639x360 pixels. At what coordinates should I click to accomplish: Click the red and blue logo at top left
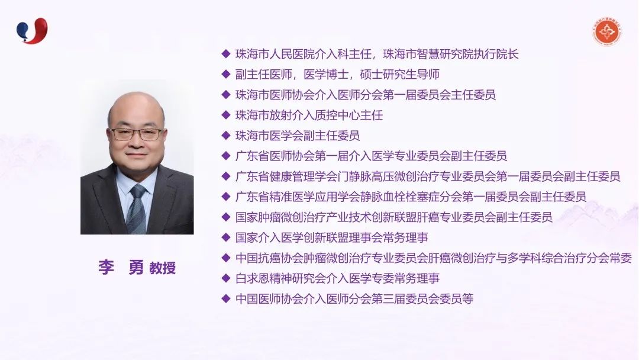pos(32,31)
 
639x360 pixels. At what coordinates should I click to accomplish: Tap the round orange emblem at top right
pos(607,31)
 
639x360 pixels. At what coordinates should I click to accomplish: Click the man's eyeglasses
pos(137,134)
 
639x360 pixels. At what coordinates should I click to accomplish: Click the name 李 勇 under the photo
pos(121,268)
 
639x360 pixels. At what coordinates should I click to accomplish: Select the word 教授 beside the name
pos(163,268)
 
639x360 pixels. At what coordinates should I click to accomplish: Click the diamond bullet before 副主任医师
pos(226,74)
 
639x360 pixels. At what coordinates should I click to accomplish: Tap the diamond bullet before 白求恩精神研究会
pos(226,278)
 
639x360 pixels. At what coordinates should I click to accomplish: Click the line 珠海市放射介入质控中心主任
pos(309,115)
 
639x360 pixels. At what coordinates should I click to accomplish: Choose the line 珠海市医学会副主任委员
pos(298,136)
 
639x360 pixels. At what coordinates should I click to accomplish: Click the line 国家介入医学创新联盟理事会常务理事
pos(332,237)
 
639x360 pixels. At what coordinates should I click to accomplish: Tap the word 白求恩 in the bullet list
pos(252,278)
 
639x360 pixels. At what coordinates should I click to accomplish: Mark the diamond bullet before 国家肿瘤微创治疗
pos(226,217)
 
